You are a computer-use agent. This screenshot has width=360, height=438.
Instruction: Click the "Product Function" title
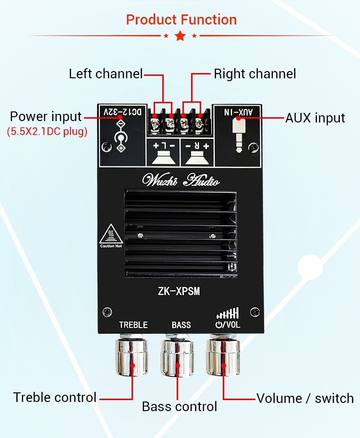click(181, 20)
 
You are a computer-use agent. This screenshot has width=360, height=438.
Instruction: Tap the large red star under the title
click(180, 36)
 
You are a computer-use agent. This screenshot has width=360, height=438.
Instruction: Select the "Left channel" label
click(106, 74)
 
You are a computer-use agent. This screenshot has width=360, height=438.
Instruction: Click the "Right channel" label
click(255, 74)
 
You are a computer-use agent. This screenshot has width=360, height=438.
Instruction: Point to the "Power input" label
click(46, 117)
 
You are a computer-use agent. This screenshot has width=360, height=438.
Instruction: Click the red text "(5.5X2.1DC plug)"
click(47, 132)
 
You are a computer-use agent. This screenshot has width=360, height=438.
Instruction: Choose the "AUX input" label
click(315, 118)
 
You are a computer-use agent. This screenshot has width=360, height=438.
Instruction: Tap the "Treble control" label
click(55, 398)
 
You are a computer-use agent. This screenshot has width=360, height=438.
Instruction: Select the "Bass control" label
click(180, 407)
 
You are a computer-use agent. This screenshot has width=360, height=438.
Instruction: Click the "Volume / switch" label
click(305, 398)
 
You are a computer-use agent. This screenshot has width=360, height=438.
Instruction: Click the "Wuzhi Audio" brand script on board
click(181, 181)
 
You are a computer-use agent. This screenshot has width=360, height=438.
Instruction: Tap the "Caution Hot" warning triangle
click(111, 235)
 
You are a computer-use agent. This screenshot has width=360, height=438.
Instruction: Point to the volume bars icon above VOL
click(228, 314)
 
